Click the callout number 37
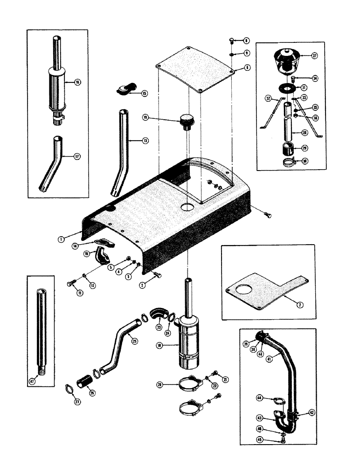coord(314,56)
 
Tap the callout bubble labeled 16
coord(77,82)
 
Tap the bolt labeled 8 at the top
coord(234,41)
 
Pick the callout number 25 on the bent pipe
coord(135,341)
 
